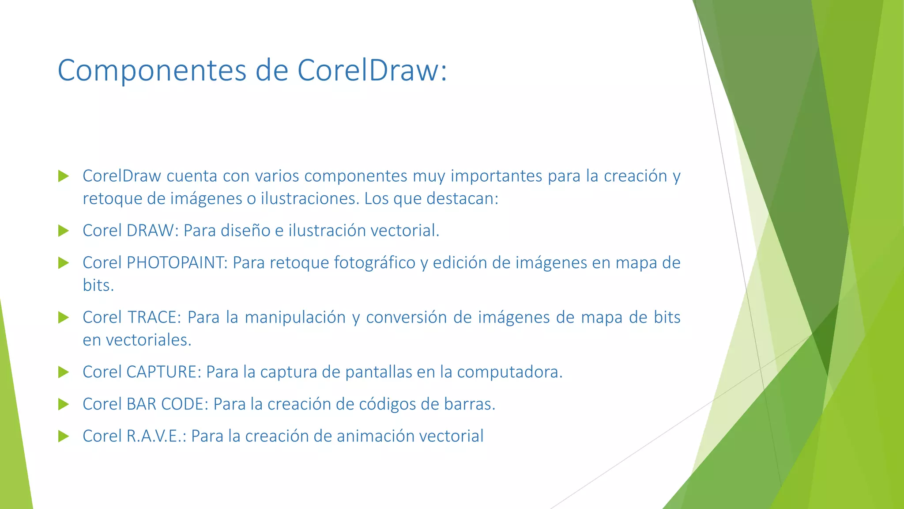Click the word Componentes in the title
click(152, 70)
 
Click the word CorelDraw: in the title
click(372, 70)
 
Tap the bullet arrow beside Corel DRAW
click(64, 231)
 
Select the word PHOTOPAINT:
click(177, 263)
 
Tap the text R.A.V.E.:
click(157, 436)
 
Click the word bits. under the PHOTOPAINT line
click(98, 285)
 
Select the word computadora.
click(510, 372)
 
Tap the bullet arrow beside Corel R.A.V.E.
click(64, 437)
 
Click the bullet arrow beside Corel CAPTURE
click(64, 372)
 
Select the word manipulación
click(295, 317)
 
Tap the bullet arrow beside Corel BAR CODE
click(64, 404)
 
